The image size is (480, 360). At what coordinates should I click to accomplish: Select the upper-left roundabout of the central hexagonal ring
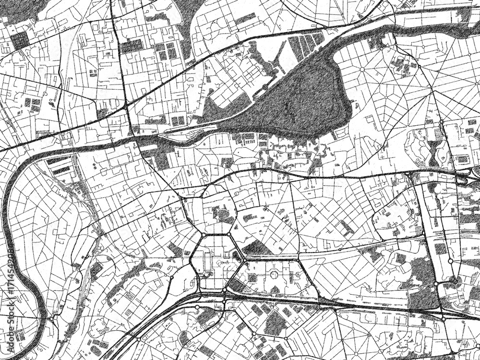[204, 235]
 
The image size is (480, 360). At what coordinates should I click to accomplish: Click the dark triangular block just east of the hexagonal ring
[257, 249]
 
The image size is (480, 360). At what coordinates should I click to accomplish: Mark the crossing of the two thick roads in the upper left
[126, 108]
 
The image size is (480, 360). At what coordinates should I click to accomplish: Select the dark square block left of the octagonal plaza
[252, 277]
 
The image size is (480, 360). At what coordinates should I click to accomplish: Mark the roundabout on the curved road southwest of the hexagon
[171, 277]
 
